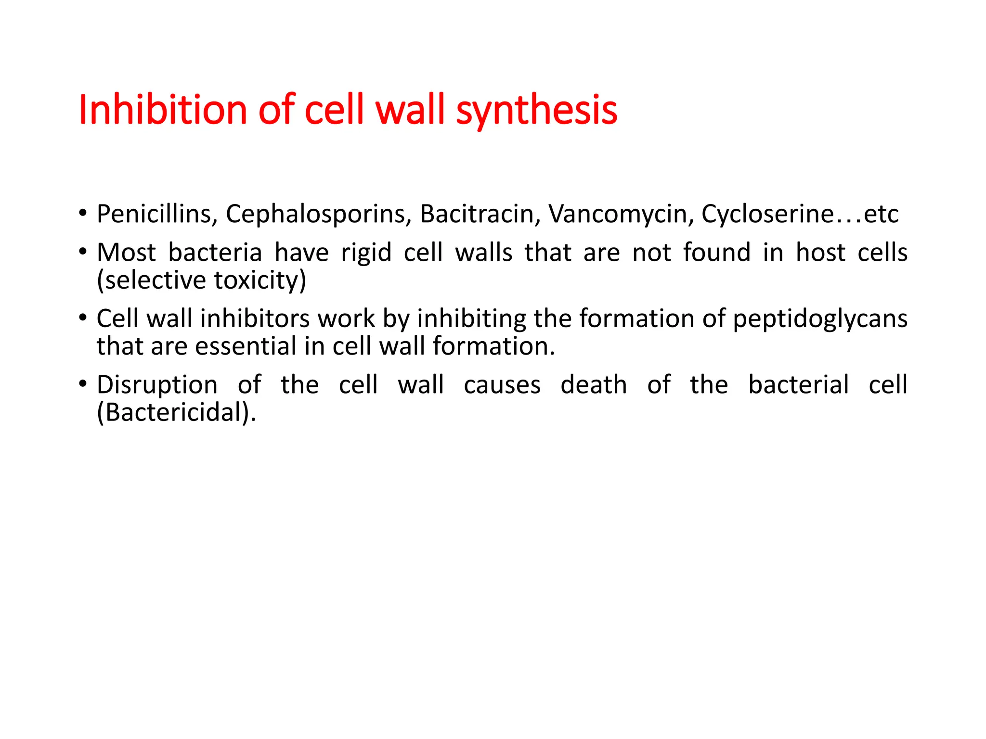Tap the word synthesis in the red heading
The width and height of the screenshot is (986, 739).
pos(536,111)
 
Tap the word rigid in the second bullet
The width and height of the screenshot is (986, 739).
pos(366,253)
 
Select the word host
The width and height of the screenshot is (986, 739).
pos(820,252)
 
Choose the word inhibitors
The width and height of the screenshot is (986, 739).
pos(255,319)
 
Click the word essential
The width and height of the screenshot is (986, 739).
pos(246,346)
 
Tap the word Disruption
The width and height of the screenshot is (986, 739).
pos(157,385)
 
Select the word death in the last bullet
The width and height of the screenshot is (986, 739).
pos(594,385)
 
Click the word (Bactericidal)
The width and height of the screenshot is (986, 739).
pos(176,413)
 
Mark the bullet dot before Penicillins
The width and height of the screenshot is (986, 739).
pos(83,213)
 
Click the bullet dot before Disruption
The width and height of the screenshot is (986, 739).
pos(83,384)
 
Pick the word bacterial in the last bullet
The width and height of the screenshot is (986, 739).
pos(798,385)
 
